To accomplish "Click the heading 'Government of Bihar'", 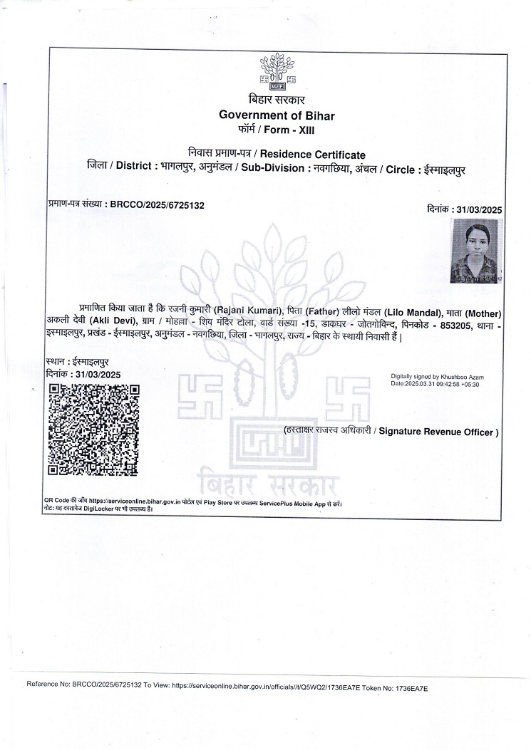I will [277, 115].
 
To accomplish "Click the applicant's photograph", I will [476, 251].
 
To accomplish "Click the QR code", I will [93, 429].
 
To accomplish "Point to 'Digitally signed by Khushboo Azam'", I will [436, 375].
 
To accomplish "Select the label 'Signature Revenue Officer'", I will [437, 432].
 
